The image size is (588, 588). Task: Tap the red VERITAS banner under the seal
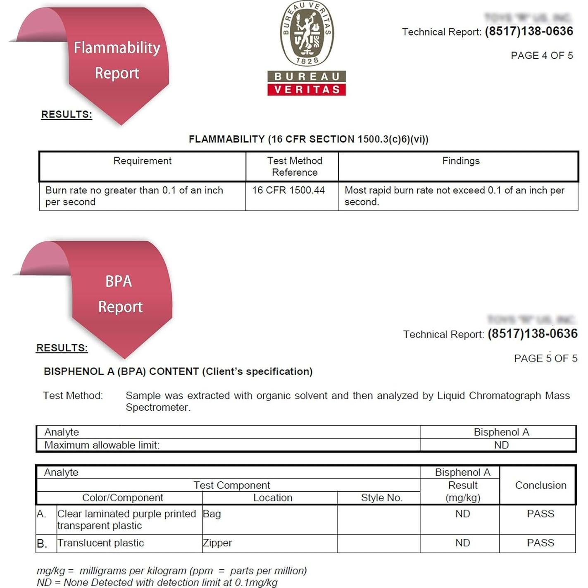coord(307,89)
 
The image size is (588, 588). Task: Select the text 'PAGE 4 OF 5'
coord(541,56)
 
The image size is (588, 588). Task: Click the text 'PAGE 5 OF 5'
coord(545,358)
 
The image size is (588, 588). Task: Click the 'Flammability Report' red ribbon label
coord(117,60)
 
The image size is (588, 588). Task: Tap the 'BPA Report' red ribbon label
coord(119,294)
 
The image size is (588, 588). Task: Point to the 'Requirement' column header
coord(142,161)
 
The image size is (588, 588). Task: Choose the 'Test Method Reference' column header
coord(294,167)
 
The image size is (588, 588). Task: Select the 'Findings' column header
coord(461,161)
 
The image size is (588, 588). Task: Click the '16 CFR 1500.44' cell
coord(288,190)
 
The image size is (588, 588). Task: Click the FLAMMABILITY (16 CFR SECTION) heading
coord(308,139)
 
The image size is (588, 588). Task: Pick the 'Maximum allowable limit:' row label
coord(102,445)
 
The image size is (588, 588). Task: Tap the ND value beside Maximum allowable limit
coord(501,445)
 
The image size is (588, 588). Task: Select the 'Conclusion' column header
coord(540,485)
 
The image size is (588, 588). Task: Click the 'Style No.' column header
coord(381,498)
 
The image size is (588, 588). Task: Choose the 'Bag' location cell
coord(212,514)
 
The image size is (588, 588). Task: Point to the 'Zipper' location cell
coord(217,543)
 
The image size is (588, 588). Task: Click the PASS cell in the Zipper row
coord(540,543)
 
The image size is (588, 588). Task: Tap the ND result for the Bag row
coord(462,514)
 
